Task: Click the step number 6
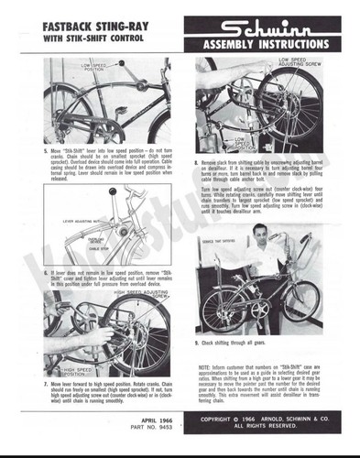46,272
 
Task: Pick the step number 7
46,380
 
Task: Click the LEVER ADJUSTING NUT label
82,220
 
